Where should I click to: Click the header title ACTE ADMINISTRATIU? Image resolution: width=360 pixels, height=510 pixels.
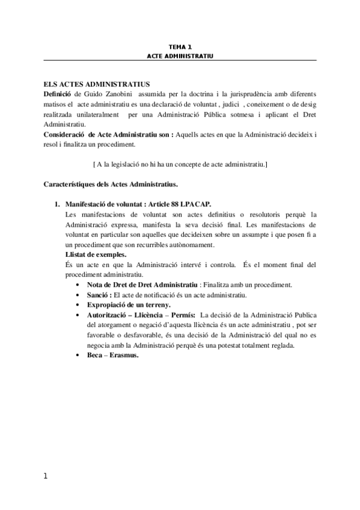point(180,55)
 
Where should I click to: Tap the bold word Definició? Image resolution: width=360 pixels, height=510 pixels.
point(58,94)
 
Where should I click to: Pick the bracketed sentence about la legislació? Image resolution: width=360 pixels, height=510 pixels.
point(180,164)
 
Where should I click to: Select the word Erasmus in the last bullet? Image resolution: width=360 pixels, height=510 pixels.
point(124,355)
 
